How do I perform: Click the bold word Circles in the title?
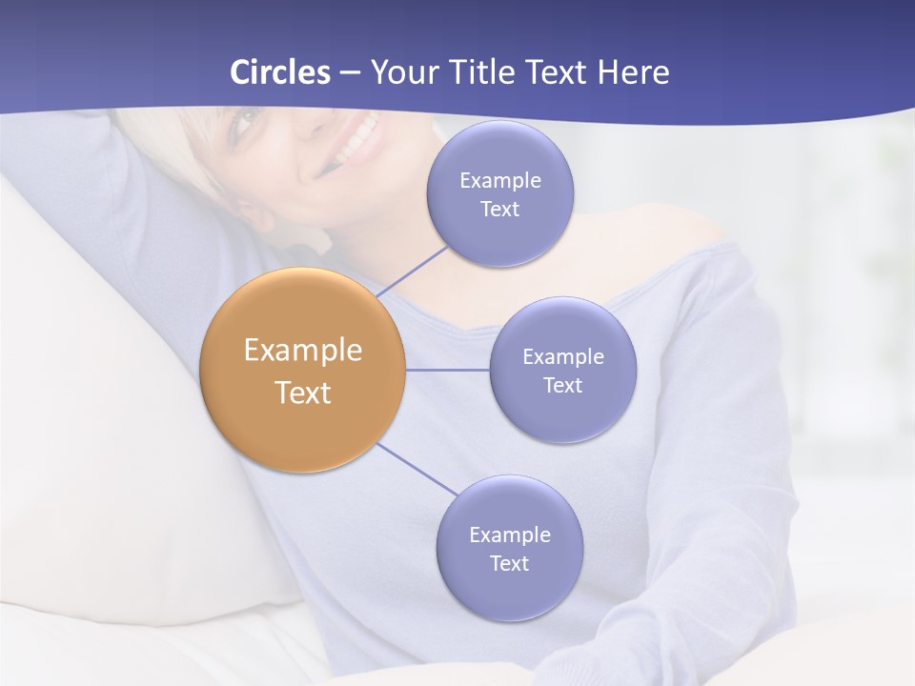pyautogui.click(x=280, y=72)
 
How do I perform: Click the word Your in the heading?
pyautogui.click(x=402, y=72)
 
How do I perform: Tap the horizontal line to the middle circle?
pyautogui.click(x=448, y=370)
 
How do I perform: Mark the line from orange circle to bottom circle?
pyautogui.click(x=417, y=470)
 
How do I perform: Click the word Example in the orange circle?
pyautogui.click(x=303, y=351)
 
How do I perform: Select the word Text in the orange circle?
pyautogui.click(x=303, y=393)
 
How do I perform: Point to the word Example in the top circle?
pyautogui.click(x=499, y=180)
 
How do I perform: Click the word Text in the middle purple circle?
pyautogui.click(x=562, y=385)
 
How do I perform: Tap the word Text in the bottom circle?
pyautogui.click(x=509, y=563)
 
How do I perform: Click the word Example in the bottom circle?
pyautogui.click(x=509, y=535)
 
